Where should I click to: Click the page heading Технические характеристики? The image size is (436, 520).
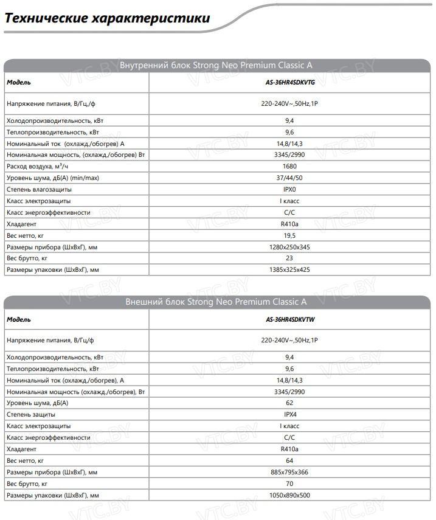(107, 18)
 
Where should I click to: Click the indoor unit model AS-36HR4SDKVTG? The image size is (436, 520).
(289, 82)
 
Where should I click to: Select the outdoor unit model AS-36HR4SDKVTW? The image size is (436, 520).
(289, 319)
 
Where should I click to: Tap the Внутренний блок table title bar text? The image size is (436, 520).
(216, 65)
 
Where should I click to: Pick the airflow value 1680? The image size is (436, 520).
(289, 166)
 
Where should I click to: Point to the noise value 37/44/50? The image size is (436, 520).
(289, 178)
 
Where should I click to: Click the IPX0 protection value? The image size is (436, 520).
(289, 189)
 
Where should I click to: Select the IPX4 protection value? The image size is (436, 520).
(289, 415)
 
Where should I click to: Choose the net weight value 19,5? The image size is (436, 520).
(289, 235)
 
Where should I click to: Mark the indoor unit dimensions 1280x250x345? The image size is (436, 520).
(289, 247)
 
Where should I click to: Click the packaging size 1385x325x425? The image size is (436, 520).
(289, 269)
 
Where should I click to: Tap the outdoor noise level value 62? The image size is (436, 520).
(289, 403)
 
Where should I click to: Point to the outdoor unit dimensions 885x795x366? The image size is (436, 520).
(289, 473)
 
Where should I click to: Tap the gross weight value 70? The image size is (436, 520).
(289, 484)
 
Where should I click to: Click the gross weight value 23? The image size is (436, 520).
(289, 258)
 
